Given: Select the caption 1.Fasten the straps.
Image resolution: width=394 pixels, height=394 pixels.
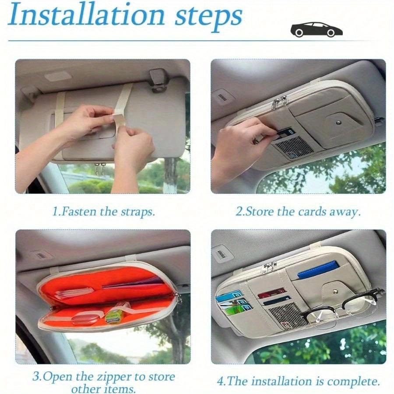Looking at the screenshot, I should (x=103, y=212).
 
